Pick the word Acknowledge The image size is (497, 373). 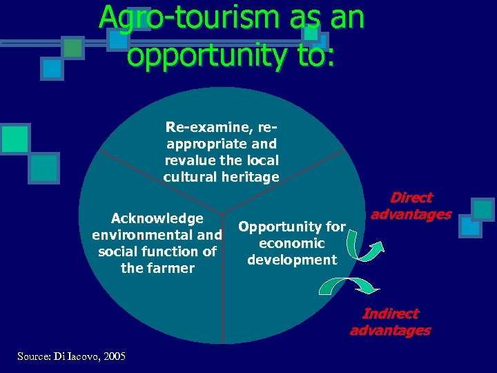point(157,218)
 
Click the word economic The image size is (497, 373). point(291,243)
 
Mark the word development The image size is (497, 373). point(292,260)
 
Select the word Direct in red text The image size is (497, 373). point(411,198)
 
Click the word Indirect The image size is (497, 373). point(391,314)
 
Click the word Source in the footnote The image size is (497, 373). point(32,356)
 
